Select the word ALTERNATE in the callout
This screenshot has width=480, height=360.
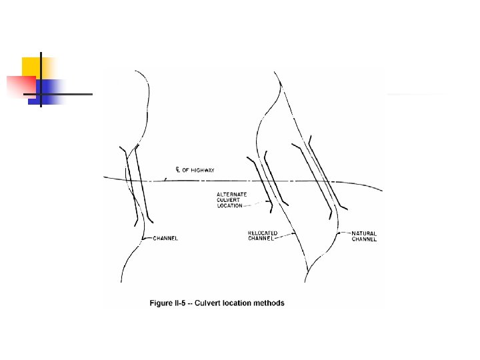(x=231, y=194)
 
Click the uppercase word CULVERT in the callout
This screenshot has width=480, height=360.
(x=228, y=200)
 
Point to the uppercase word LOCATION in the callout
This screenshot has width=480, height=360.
(x=230, y=206)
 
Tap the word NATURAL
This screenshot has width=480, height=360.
(x=364, y=234)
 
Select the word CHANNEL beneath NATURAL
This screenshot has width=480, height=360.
(x=364, y=239)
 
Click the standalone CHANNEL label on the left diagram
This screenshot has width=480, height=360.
(x=165, y=238)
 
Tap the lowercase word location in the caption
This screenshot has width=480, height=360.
(x=237, y=303)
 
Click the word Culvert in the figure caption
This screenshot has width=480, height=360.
(x=210, y=303)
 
